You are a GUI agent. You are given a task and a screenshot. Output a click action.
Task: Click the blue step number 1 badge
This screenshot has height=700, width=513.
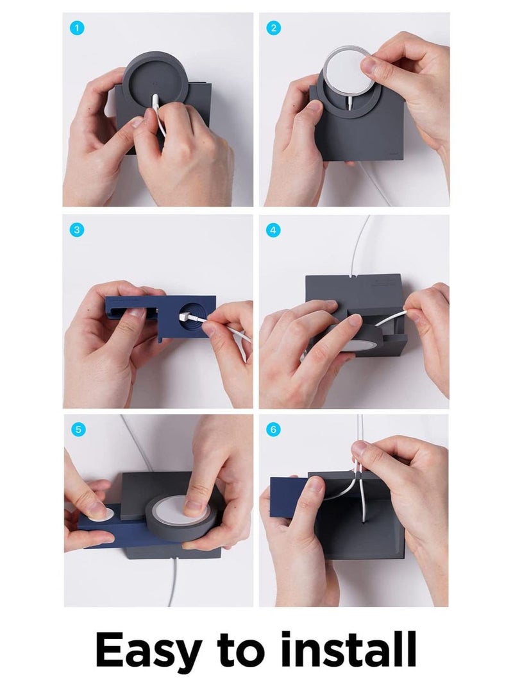click(x=77, y=29)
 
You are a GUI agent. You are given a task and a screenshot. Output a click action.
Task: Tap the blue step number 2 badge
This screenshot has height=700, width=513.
click(x=273, y=29)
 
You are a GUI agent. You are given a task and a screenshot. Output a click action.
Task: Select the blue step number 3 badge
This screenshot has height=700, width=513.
click(x=77, y=230)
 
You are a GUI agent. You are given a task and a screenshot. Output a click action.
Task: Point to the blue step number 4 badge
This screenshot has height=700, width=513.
click(x=273, y=230)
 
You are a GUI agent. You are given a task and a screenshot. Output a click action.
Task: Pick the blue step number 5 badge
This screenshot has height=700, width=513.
click(x=78, y=429)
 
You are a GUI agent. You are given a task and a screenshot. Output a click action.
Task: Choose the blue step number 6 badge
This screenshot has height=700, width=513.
click(x=273, y=429)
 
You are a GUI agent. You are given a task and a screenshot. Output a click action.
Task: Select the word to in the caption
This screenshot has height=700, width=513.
click(x=239, y=651)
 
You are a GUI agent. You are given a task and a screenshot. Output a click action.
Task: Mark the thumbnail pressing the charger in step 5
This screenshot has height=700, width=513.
click(x=194, y=505)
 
